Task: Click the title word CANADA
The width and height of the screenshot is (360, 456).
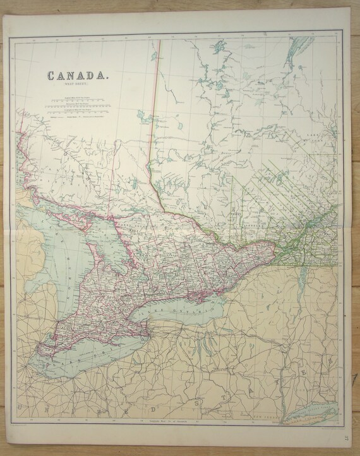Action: point(78,76)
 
